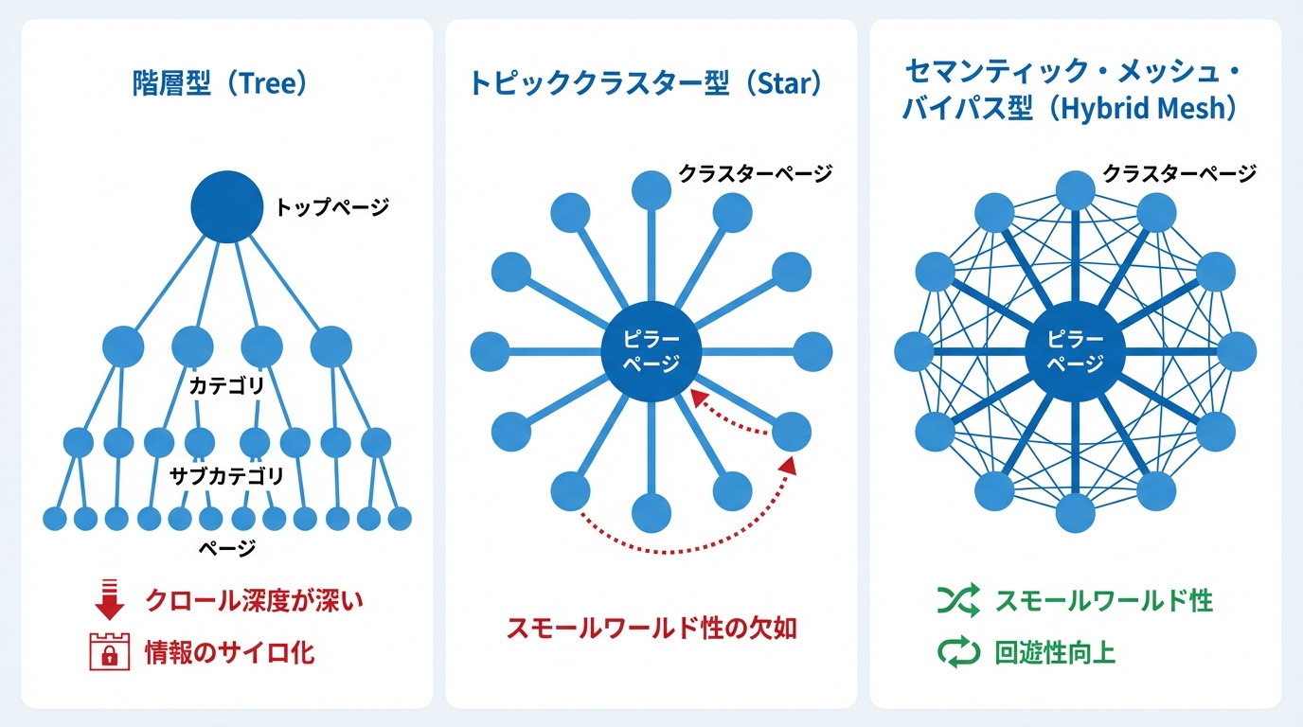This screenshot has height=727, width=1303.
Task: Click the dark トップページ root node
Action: click(x=227, y=206)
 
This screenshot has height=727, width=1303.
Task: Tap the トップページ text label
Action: click(x=331, y=207)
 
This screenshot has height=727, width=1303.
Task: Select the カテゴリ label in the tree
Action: click(x=227, y=385)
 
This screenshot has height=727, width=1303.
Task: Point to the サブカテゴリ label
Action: click(x=227, y=476)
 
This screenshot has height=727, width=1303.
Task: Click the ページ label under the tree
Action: click(x=227, y=548)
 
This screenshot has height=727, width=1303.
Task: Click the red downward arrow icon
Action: click(x=109, y=599)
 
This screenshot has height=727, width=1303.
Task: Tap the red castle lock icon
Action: click(x=109, y=651)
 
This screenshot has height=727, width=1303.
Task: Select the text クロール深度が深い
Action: click(x=254, y=600)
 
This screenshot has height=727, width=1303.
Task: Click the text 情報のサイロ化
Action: click(x=230, y=652)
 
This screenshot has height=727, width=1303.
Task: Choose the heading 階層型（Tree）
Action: click(x=220, y=83)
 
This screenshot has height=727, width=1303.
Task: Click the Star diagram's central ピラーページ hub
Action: click(x=651, y=351)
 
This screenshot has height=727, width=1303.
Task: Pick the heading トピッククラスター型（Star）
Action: click(x=646, y=83)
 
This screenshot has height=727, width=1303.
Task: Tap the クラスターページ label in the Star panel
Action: click(x=756, y=173)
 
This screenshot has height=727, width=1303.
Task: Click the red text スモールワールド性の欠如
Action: click(x=651, y=629)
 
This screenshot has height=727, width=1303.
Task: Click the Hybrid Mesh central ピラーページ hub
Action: click(x=1075, y=351)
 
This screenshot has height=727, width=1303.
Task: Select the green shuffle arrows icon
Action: click(x=958, y=600)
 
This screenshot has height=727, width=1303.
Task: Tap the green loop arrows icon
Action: click(x=958, y=652)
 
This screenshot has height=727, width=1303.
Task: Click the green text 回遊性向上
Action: click(x=1055, y=652)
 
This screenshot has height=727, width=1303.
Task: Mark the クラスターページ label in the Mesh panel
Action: click(x=1180, y=173)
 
